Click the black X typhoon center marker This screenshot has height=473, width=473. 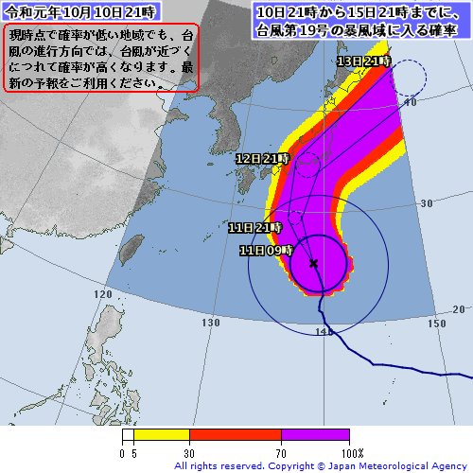click(313, 263)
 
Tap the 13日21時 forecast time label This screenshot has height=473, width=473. click(364, 61)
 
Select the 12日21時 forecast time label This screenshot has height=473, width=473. click(262, 159)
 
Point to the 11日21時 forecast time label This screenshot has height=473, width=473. click(254, 228)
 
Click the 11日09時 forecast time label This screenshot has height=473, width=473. click(264, 251)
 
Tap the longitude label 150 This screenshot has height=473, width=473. click(436, 324)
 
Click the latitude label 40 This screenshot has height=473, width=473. click(411, 101)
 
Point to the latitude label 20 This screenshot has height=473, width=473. click(459, 309)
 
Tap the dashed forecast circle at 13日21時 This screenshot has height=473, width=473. click(409, 78)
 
